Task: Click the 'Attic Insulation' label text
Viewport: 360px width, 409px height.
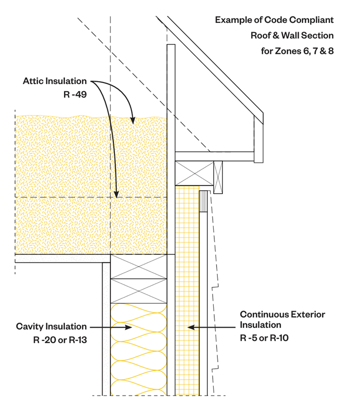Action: (55, 81)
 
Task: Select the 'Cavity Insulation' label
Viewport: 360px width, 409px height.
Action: (51, 327)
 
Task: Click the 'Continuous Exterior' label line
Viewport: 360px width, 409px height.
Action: (282, 314)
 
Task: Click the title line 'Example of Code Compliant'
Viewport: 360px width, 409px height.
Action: (274, 20)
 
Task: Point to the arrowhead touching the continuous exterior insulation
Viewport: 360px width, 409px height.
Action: (189, 327)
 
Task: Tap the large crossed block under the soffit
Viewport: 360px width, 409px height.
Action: (194, 173)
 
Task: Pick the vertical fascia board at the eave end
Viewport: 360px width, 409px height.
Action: (258, 139)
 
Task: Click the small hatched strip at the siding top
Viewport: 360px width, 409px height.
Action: (203, 201)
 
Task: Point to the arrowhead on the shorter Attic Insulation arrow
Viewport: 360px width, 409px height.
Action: (133, 121)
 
